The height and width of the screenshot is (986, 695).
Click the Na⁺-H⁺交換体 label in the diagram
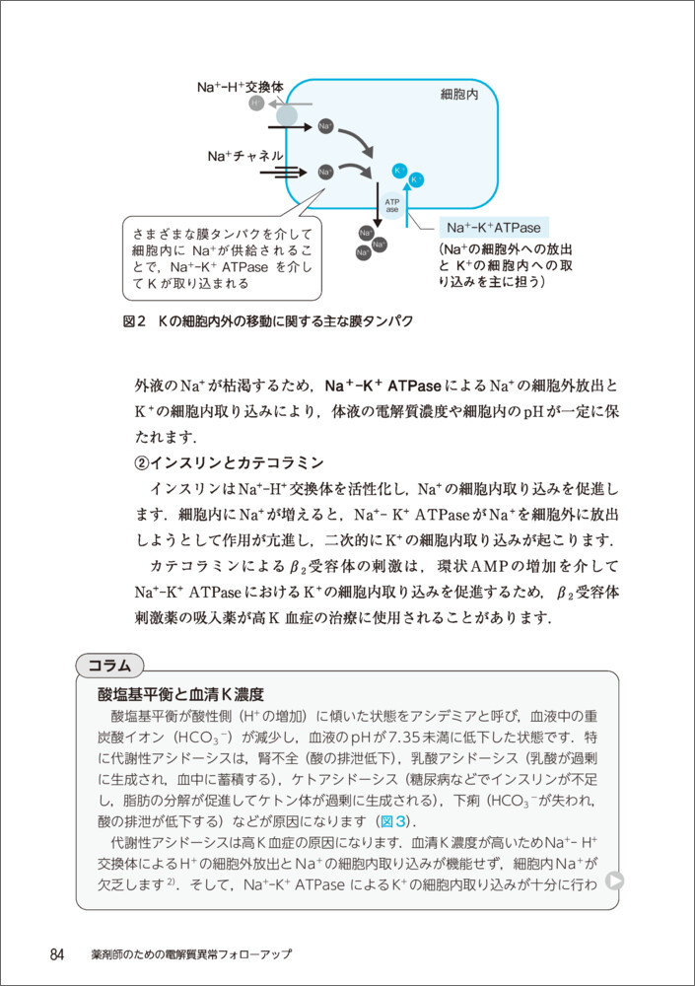240,88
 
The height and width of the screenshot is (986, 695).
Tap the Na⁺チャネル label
245,156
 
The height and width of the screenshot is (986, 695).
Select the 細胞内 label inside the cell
458,96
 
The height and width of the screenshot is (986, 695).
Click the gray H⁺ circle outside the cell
256,103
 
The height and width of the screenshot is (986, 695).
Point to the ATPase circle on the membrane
391,204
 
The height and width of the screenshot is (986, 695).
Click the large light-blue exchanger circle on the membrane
286,115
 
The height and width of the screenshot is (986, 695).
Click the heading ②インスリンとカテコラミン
229,463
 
